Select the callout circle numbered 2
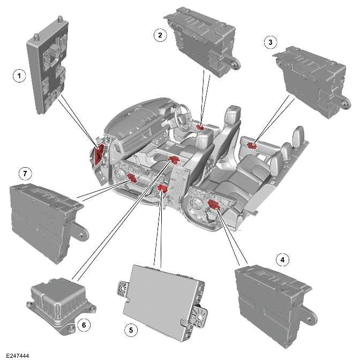[159, 35]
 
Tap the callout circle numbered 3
[272, 41]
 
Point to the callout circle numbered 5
[130, 331]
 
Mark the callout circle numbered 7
[22, 173]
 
